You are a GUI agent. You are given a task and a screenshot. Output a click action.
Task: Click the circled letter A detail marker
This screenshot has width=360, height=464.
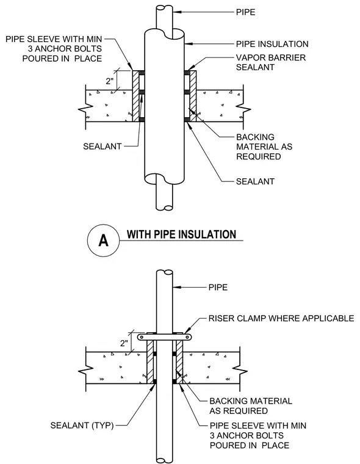(x=104, y=241)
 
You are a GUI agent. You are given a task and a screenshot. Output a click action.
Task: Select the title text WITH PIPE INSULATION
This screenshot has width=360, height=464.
(x=181, y=234)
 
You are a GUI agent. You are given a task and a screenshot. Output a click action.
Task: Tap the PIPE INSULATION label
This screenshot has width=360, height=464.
(x=272, y=44)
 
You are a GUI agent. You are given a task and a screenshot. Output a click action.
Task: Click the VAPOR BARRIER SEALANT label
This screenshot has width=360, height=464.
(x=271, y=62)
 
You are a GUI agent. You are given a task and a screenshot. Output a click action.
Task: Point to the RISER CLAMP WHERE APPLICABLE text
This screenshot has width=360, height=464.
(x=281, y=318)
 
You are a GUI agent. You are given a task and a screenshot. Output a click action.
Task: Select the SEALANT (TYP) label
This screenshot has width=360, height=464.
(x=82, y=426)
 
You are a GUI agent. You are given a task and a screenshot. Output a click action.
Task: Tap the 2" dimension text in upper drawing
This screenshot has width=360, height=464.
(x=110, y=81)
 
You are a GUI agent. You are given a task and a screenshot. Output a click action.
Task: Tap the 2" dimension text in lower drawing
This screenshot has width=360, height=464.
(x=124, y=343)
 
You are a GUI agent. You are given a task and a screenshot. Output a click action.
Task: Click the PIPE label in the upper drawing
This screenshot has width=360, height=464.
(x=245, y=12)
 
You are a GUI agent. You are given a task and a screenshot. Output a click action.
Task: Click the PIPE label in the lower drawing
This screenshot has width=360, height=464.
(x=218, y=288)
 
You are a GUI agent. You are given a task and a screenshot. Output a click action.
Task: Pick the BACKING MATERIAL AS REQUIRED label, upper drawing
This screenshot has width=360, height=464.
(x=264, y=147)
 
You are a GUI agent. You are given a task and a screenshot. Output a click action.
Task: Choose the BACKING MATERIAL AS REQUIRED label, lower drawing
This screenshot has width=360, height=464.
(x=251, y=406)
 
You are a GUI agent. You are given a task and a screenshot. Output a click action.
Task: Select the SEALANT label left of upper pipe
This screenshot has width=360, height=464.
(x=103, y=147)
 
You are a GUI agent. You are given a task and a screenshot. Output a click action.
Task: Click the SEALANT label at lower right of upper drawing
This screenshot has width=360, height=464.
(x=255, y=181)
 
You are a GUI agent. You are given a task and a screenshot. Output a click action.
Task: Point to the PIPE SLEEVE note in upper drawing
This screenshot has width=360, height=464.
(x=54, y=49)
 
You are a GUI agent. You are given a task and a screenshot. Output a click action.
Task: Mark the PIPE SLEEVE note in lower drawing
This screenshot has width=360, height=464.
(x=258, y=435)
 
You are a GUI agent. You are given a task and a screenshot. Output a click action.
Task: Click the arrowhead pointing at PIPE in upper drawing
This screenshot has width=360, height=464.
(x=176, y=12)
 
